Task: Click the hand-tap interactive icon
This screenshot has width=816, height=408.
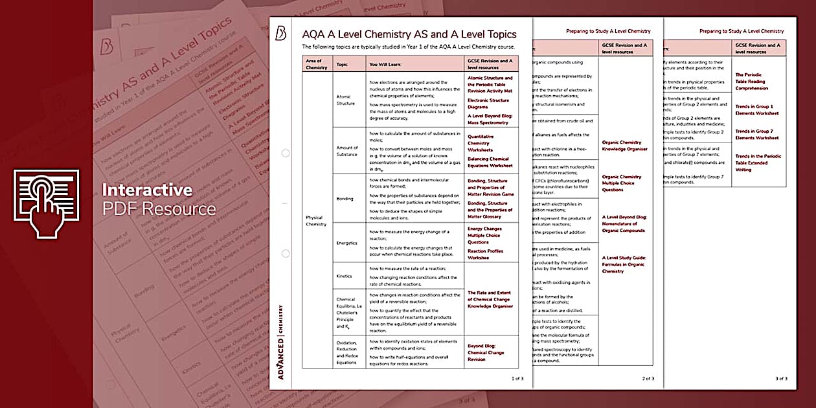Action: click(x=47, y=203)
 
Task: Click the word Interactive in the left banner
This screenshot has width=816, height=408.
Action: click(x=146, y=190)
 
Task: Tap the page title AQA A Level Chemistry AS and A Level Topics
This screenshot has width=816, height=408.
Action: click(x=409, y=34)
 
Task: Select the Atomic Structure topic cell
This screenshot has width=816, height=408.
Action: click(x=345, y=100)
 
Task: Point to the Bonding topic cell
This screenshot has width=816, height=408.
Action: click(x=345, y=199)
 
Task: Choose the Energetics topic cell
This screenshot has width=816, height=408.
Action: click(x=346, y=244)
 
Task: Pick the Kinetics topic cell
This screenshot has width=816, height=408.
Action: click(x=345, y=276)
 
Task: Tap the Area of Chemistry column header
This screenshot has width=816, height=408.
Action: click(x=317, y=64)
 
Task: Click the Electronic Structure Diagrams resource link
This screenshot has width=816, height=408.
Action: click(x=488, y=104)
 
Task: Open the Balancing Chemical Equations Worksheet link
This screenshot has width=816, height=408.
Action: click(x=490, y=162)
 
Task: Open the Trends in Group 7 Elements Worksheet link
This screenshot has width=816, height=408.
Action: click(x=758, y=135)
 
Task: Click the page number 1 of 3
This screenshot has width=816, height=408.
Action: click(x=517, y=378)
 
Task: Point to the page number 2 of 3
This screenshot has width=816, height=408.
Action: click(x=648, y=378)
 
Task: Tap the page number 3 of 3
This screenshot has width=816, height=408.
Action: click(x=781, y=378)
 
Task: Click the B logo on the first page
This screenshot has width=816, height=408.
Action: click(x=281, y=34)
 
